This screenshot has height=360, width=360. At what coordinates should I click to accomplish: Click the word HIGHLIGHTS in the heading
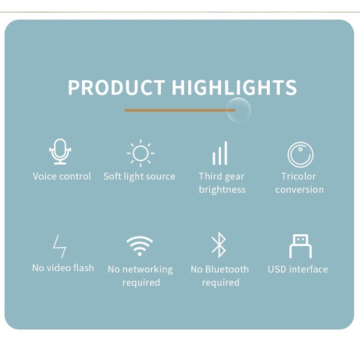[234, 88]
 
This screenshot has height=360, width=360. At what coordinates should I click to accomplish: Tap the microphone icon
[60, 152]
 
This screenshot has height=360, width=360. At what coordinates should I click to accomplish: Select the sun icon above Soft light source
[140, 154]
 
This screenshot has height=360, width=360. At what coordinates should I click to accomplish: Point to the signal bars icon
[220, 154]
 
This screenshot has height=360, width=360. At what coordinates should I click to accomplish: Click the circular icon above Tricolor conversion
[300, 155]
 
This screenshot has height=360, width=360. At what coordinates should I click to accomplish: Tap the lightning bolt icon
[60, 246]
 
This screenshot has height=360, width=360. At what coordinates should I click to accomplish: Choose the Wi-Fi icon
[140, 246]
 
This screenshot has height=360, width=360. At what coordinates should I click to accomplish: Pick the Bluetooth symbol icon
[219, 245]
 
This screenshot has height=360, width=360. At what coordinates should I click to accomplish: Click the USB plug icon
[300, 246]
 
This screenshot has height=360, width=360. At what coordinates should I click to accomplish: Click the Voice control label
[62, 176]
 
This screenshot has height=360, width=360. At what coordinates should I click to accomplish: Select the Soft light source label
[139, 176]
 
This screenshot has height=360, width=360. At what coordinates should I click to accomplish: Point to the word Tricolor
[299, 176]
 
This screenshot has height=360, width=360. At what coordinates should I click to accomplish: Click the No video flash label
[63, 268]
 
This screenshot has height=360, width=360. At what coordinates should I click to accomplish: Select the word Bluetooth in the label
[227, 269]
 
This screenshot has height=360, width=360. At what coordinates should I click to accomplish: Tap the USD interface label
[298, 269]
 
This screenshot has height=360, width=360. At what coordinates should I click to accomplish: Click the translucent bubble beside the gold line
[239, 110]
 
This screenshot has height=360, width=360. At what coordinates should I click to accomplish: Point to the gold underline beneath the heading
[178, 110]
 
